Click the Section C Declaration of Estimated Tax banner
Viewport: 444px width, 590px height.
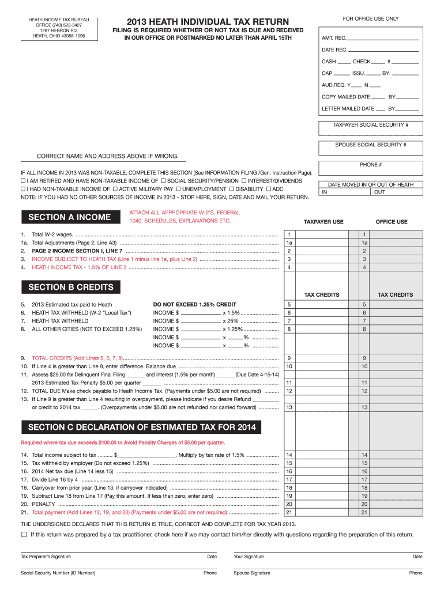pos(141,428)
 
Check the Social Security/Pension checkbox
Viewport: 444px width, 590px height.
pos(163,181)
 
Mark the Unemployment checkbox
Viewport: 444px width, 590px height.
pos(179,189)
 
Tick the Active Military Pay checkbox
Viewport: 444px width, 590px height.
pos(115,189)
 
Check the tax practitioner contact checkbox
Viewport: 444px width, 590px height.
pos(24,535)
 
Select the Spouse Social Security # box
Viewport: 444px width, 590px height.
pos(371,149)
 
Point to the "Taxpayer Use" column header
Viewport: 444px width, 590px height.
pos(323,222)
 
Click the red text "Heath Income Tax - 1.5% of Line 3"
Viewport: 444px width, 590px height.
pos(79,267)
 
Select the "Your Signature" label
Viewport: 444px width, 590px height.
pos(249,557)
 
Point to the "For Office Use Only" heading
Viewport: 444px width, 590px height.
pos(371,19)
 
